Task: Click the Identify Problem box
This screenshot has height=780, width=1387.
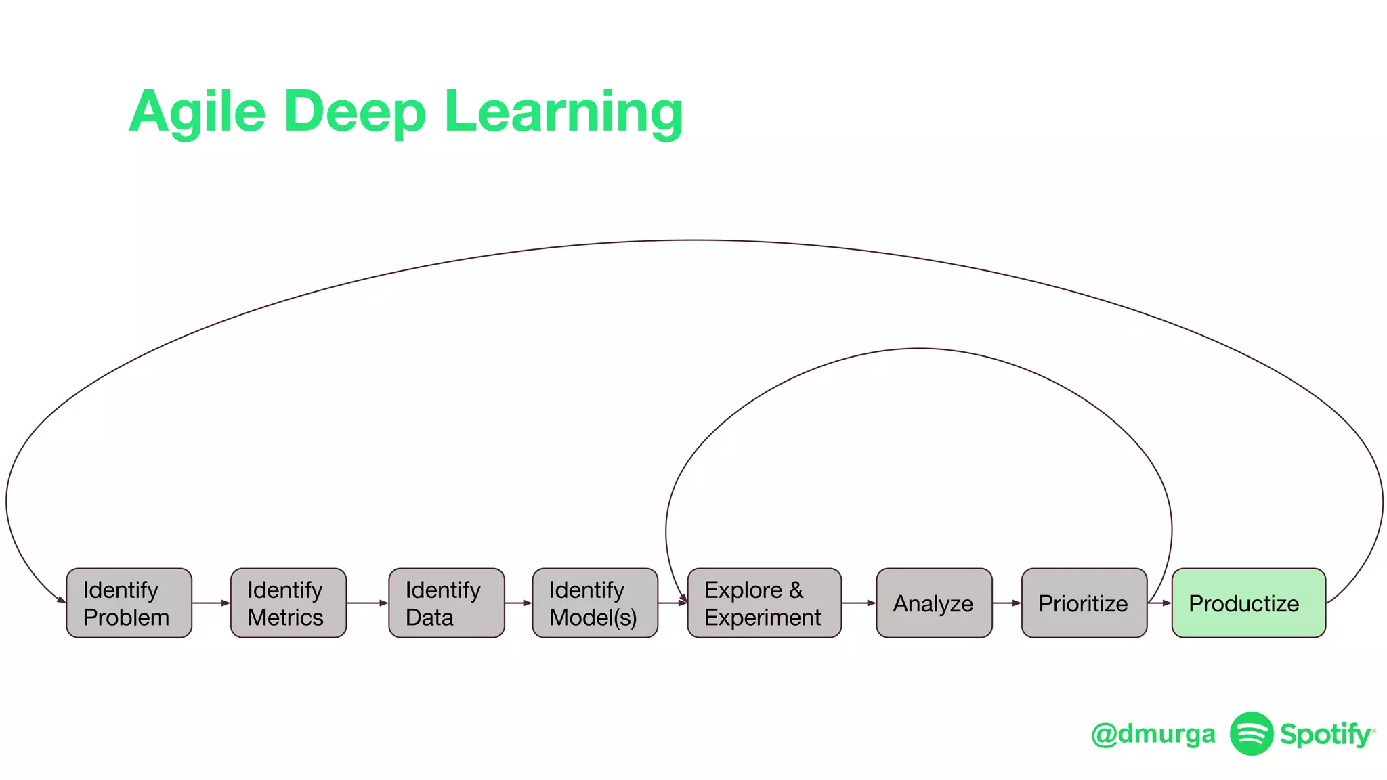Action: pyautogui.click(x=129, y=603)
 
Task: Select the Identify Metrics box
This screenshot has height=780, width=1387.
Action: pyautogui.click(x=288, y=603)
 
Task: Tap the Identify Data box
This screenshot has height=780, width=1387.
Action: pyautogui.click(x=446, y=603)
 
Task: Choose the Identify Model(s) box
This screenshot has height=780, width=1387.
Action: pyautogui.click(x=595, y=603)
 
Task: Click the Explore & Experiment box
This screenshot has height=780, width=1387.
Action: pyautogui.click(x=764, y=603)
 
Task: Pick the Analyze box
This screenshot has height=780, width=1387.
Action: pyautogui.click(x=934, y=603)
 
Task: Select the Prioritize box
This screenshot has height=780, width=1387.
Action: pyautogui.click(x=1084, y=603)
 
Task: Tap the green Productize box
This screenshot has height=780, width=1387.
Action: pyautogui.click(x=1248, y=603)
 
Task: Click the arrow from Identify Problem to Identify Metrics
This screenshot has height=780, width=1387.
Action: pyautogui.click(x=211, y=603)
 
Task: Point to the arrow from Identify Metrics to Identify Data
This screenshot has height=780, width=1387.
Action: pyautogui.click(x=368, y=603)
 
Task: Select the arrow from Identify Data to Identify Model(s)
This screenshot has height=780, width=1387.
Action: pyautogui.click(x=519, y=603)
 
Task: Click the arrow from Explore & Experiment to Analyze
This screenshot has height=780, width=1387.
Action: pyautogui.click(x=859, y=603)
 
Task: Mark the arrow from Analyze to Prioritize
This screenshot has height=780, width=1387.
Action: pyautogui.click(x=1007, y=603)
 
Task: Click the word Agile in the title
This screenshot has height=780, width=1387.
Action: pyautogui.click(x=197, y=112)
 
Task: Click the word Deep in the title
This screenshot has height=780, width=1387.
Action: pyautogui.click(x=354, y=112)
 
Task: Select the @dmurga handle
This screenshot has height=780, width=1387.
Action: pyautogui.click(x=1153, y=734)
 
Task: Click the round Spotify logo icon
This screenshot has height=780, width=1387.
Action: pyautogui.click(x=1252, y=733)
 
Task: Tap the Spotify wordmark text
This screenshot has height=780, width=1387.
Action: pyautogui.click(x=1325, y=735)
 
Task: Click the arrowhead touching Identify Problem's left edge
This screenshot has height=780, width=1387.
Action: pyautogui.click(x=62, y=599)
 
